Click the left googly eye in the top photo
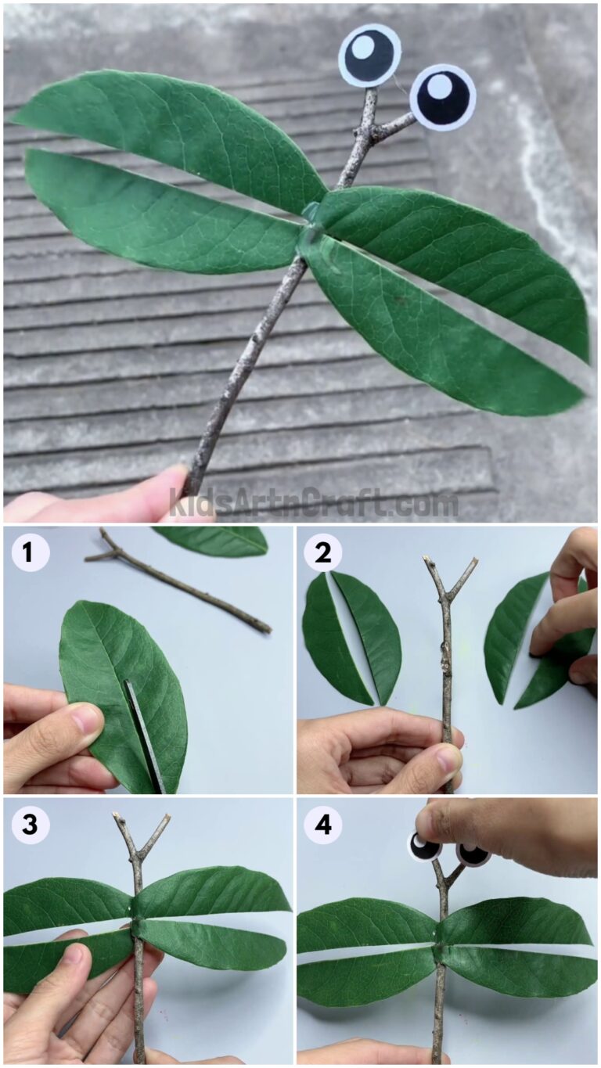[x=369, y=56]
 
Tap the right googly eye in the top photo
[x=443, y=97]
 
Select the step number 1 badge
[x=30, y=552]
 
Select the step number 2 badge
[x=322, y=552]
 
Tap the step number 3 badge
[x=30, y=825]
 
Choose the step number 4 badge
[x=322, y=825]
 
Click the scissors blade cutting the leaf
[x=146, y=735]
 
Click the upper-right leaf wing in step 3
[x=211, y=892]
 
